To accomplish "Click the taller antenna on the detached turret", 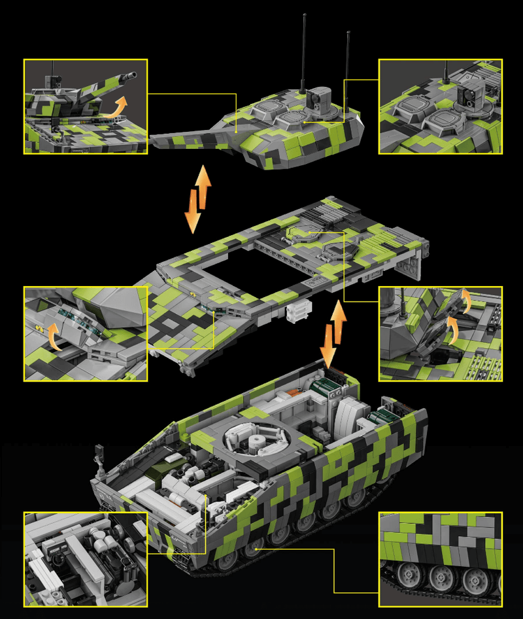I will (303, 52).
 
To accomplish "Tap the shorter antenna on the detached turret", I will (348, 65).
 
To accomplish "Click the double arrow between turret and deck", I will (198, 199).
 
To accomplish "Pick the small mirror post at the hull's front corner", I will (100, 454).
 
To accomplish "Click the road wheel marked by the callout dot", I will (257, 549).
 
